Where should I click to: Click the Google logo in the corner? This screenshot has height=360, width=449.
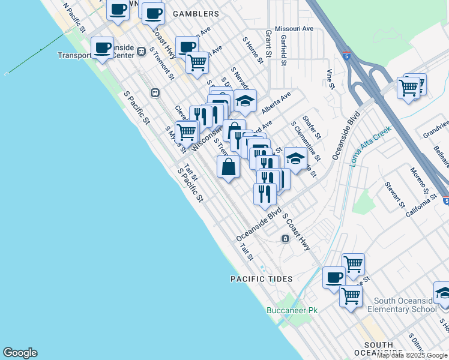(20, 353)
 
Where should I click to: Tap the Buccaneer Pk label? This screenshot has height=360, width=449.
(292, 310)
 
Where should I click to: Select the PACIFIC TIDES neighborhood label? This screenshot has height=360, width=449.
(262, 279)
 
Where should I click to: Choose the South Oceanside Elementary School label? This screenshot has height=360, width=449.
(406, 305)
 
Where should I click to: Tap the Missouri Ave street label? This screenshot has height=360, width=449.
(294, 29)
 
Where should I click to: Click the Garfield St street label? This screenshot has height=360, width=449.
(283, 46)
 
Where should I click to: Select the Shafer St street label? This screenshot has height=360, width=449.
(312, 127)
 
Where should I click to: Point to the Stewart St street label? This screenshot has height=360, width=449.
(394, 196)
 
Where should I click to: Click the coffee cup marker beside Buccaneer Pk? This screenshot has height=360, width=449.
(334, 277)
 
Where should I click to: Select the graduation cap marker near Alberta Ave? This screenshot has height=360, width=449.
(245, 101)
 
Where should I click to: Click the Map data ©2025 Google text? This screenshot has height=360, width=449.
(412, 355)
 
